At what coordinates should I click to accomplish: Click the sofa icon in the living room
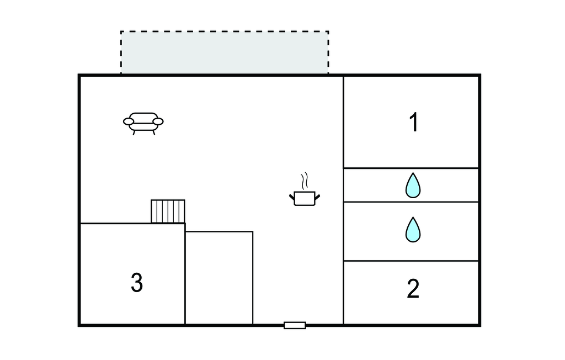(143, 123)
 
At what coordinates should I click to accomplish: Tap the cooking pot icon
(304, 198)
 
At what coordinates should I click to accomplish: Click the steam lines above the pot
(304, 181)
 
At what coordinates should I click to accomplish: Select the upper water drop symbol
(413, 186)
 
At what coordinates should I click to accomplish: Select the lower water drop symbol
(413, 230)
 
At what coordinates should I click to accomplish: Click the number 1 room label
(413, 123)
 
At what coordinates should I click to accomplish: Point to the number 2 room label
(413, 289)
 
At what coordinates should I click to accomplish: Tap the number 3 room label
(137, 283)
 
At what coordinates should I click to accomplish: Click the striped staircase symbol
(168, 211)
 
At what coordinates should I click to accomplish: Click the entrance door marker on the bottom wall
(295, 325)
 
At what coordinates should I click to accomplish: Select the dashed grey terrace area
(225, 52)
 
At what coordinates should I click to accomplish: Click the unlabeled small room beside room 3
(219, 278)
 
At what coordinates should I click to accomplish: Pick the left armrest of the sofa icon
(129, 121)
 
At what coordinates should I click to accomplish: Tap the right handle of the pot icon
(317, 195)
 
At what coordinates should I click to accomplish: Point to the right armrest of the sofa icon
(158, 121)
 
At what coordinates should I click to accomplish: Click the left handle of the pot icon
(292, 196)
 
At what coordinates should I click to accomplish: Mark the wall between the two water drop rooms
(411, 202)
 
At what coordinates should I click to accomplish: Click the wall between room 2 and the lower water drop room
(411, 261)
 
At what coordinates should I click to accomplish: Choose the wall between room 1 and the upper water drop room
(411, 168)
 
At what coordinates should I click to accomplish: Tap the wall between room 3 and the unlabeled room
(185, 276)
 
